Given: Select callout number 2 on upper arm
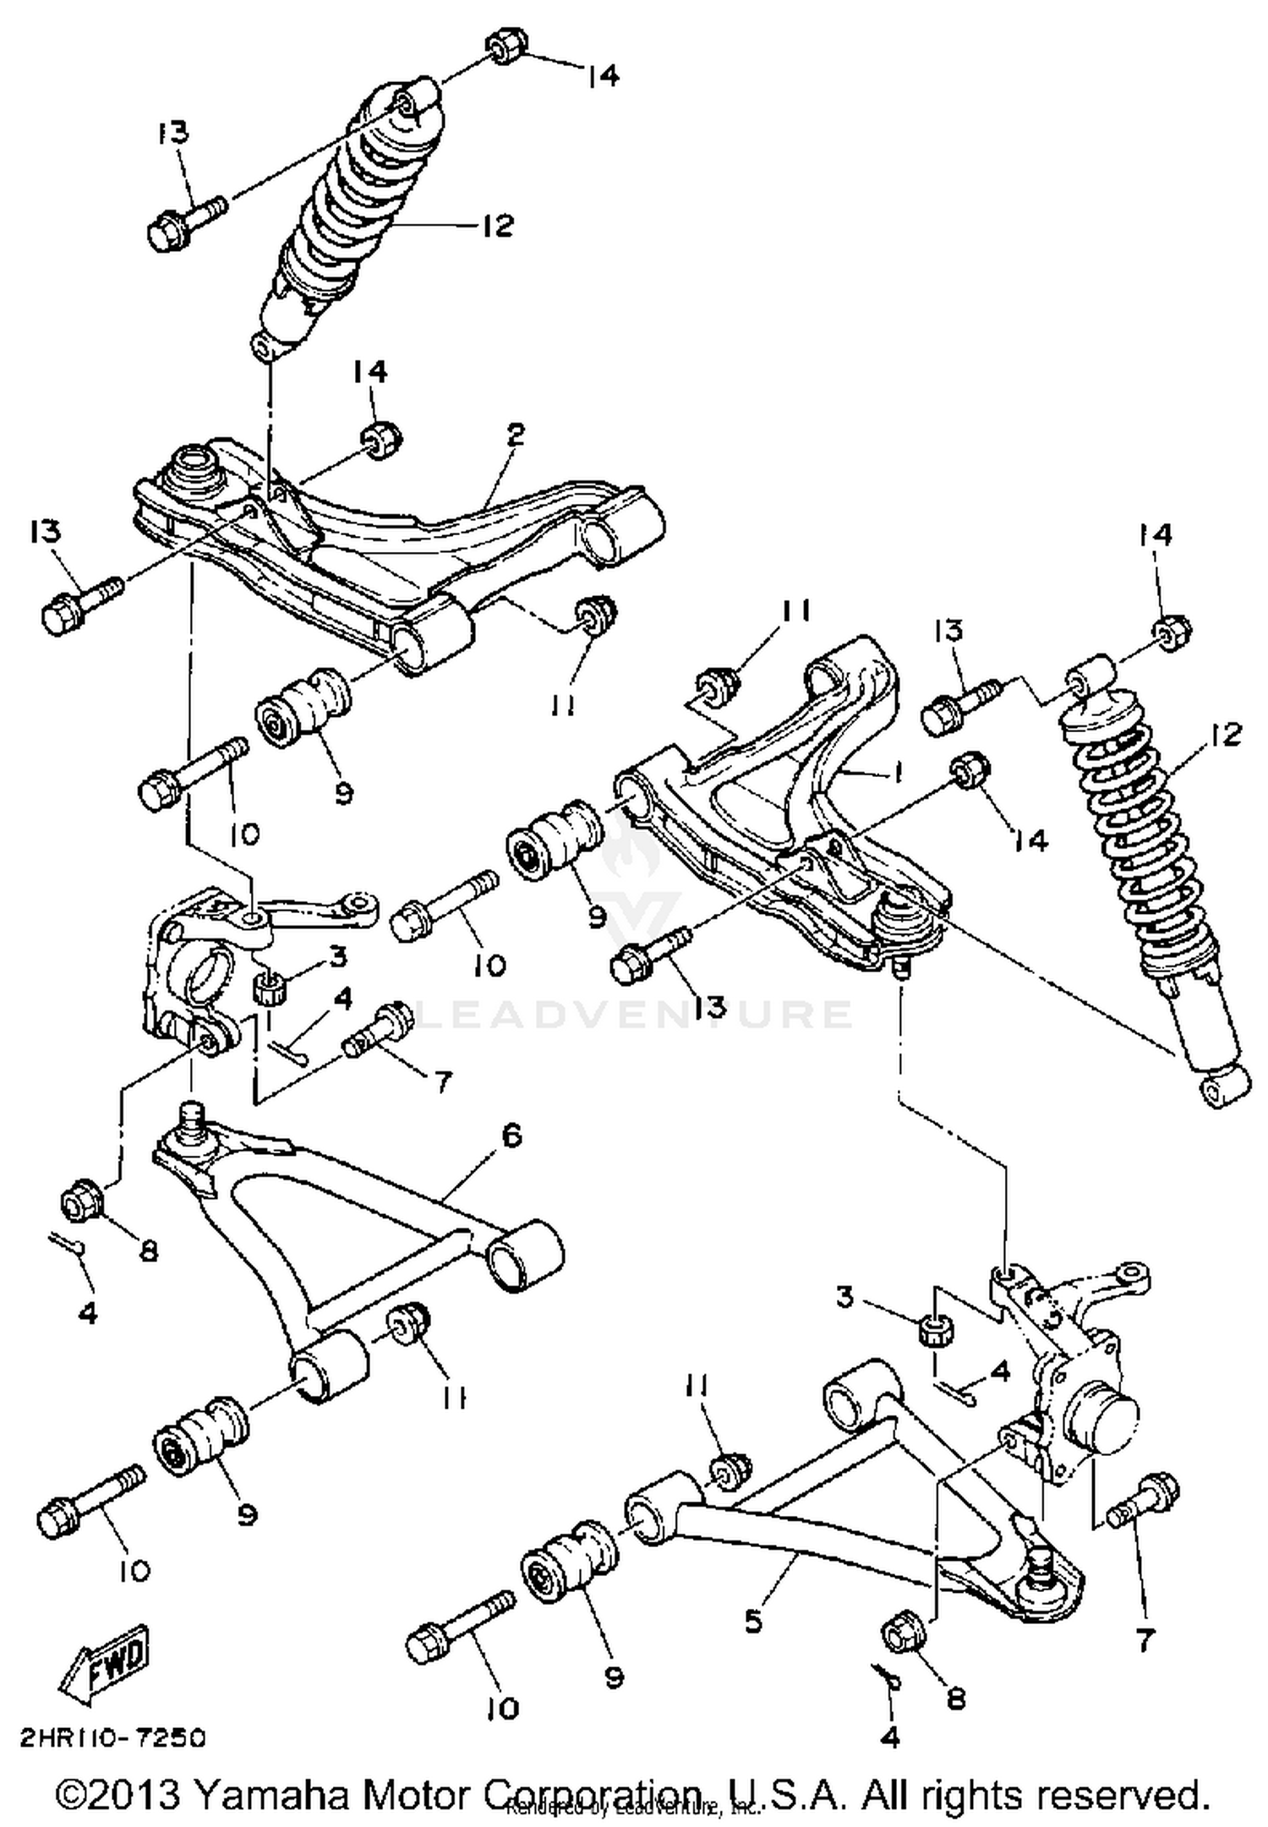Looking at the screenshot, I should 516,435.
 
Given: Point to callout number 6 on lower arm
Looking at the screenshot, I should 512,1135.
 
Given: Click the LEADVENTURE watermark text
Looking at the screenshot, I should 634,1014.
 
